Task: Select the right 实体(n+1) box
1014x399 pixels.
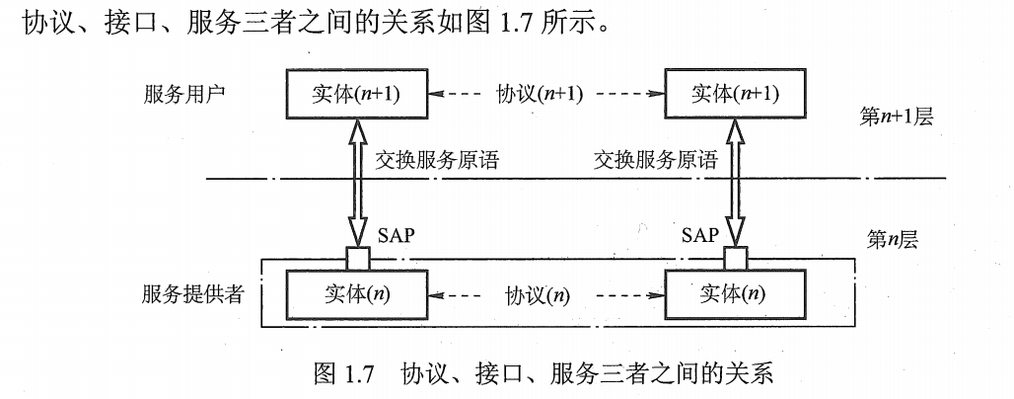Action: point(731,94)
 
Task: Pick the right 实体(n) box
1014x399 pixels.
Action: point(732,293)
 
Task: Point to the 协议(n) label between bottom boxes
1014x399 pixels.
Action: point(539,294)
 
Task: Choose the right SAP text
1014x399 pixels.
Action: point(699,237)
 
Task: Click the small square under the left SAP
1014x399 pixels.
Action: point(359,259)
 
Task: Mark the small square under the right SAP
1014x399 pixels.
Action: point(735,259)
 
